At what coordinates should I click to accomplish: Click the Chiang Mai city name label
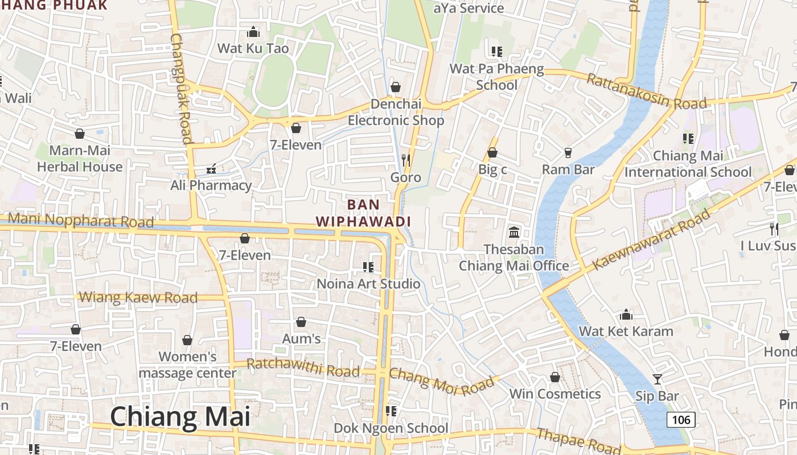(x=180, y=416)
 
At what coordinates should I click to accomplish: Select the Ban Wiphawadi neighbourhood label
(x=363, y=213)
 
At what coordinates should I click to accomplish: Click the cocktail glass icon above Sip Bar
(x=658, y=379)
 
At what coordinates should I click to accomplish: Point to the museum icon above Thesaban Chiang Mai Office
(x=514, y=232)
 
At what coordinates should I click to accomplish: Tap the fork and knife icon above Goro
(x=406, y=160)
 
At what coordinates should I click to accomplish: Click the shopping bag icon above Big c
(x=492, y=152)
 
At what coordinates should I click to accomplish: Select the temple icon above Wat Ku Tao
(x=253, y=31)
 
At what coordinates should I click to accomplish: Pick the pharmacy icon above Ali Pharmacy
(x=211, y=168)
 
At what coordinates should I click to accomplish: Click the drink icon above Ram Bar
(x=568, y=152)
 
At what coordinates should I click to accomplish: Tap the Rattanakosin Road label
(x=646, y=92)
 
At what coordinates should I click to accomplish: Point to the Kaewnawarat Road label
(x=651, y=239)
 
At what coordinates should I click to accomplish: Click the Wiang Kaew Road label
(x=138, y=297)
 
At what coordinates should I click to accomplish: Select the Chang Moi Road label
(x=442, y=382)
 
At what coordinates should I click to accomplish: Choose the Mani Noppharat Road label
(x=81, y=220)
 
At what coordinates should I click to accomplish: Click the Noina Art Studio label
(x=368, y=283)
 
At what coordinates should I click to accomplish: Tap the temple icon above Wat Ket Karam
(x=626, y=315)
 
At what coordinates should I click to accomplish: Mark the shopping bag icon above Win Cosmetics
(x=555, y=377)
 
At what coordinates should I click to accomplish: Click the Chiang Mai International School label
(x=688, y=164)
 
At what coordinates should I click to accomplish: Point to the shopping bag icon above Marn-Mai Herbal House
(x=80, y=134)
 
